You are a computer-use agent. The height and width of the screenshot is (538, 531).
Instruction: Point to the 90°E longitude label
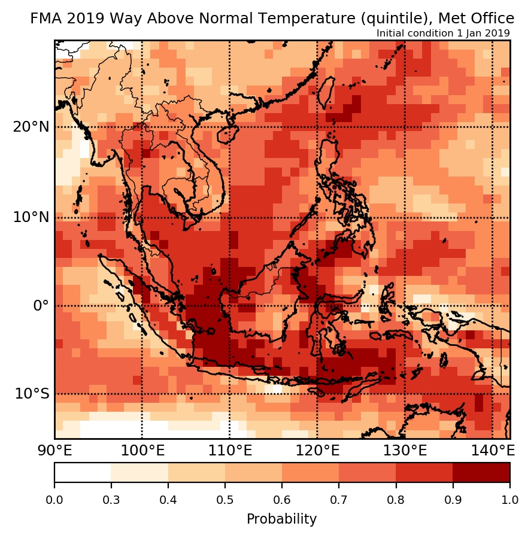54,450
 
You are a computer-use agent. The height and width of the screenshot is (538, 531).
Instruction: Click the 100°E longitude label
142,450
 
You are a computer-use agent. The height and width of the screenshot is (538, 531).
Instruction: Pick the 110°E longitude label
229,450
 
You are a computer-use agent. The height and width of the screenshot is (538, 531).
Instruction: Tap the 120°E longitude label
317,450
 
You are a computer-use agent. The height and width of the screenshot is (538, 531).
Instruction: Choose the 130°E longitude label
405,450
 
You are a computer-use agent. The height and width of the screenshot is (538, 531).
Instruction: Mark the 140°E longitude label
491,450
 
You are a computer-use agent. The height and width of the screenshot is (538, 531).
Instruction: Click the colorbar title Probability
281,519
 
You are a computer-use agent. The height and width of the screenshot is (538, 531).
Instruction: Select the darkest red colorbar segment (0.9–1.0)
481,472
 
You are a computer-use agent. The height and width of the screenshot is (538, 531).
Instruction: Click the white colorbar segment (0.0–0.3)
83,472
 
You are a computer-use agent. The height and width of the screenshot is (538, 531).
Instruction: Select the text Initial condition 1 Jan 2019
443,34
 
